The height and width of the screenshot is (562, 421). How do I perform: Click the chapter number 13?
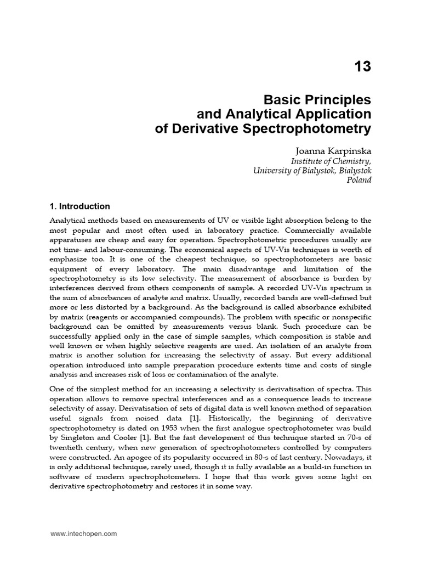(362, 67)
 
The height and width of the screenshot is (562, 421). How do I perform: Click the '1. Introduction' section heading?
(80, 207)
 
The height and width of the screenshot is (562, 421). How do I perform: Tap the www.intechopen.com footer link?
(83, 533)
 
